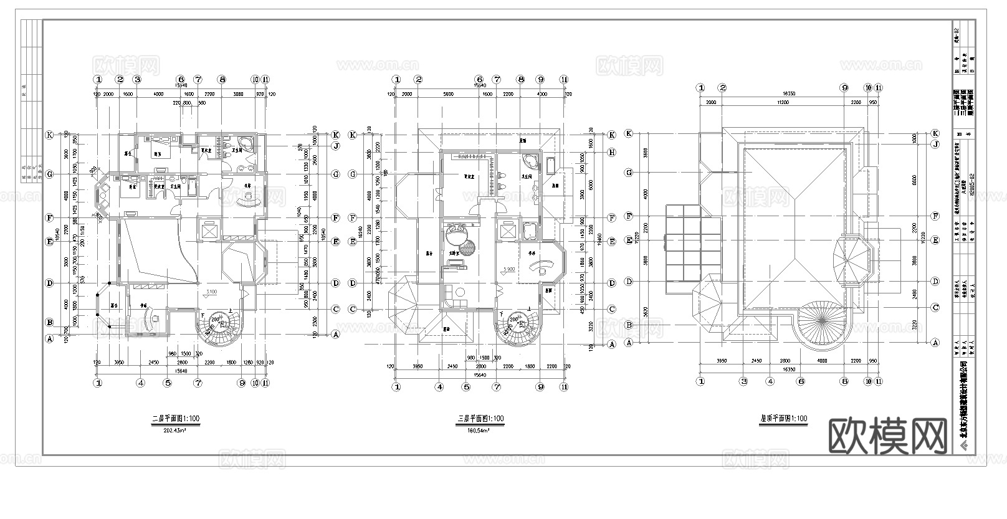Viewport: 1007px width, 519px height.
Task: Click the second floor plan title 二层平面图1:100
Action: [176, 419]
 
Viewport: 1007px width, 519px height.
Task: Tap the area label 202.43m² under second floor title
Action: [176, 430]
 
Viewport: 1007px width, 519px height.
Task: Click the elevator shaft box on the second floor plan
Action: [208, 231]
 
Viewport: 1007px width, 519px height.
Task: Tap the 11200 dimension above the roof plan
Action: [775, 102]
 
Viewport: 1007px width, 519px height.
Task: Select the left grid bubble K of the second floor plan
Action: [49, 135]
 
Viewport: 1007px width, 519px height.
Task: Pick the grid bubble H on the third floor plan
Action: [612, 152]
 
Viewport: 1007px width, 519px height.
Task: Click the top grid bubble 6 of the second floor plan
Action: [181, 80]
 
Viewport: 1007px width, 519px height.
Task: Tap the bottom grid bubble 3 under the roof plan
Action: [743, 381]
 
